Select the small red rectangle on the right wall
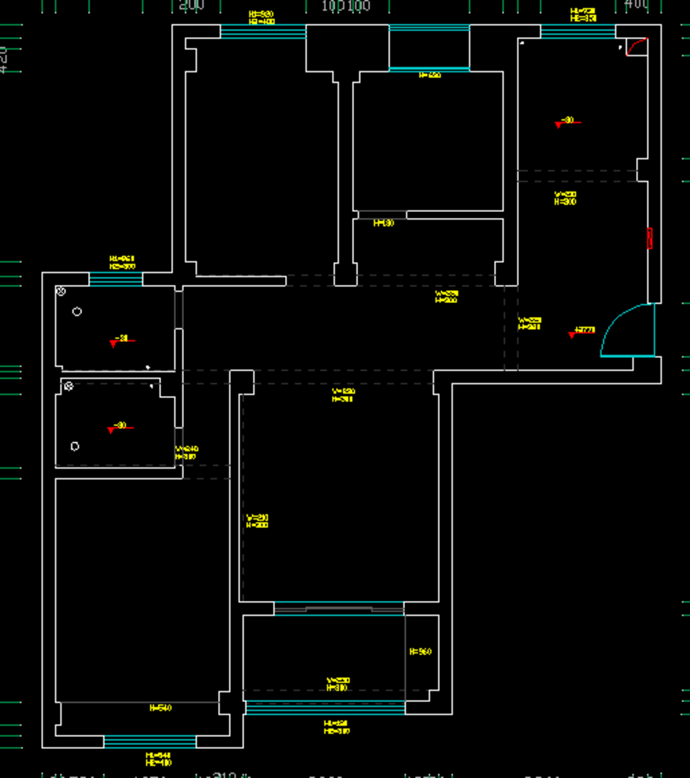click(x=650, y=238)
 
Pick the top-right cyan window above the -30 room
click(x=578, y=31)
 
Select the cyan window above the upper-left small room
click(x=116, y=279)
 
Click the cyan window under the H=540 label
click(x=150, y=742)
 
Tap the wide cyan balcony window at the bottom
click(x=325, y=708)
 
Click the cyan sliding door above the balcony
click(x=339, y=608)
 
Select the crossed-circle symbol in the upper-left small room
click(x=62, y=291)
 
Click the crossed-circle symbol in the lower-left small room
click(x=68, y=387)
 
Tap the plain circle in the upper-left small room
click(x=77, y=312)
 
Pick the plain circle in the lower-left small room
click(x=74, y=446)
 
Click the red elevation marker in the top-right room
click(x=560, y=124)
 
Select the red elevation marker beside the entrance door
click(x=572, y=334)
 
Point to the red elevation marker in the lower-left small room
click(x=112, y=429)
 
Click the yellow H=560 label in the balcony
click(x=420, y=652)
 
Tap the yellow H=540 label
click(x=160, y=708)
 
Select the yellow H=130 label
click(x=384, y=223)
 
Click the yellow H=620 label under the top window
click(x=429, y=75)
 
